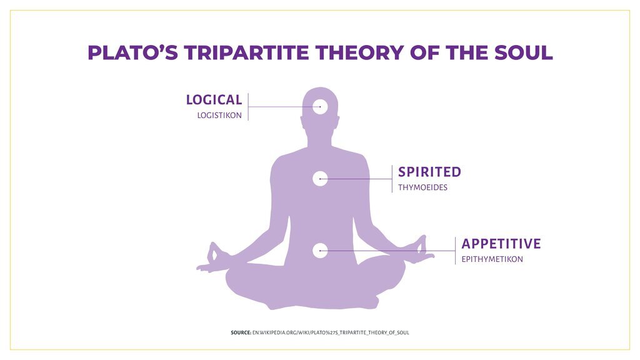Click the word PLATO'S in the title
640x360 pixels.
pos(132,52)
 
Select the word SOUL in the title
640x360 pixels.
pos(524,52)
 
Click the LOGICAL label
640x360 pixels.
pos(214,100)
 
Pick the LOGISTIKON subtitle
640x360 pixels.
pos(219,116)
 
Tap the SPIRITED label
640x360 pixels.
pos(429,172)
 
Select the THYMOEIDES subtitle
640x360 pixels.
pos(423,187)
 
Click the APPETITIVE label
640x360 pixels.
pos(501,244)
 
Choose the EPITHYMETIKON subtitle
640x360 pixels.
pos(492,259)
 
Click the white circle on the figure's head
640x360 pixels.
pos(321,107)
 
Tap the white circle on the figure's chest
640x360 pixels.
pos(321,179)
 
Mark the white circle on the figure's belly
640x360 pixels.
pos(321,251)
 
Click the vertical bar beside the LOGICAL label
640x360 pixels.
pos(248,107)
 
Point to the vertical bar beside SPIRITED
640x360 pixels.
pos(392,179)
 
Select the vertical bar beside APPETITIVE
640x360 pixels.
pos(455,251)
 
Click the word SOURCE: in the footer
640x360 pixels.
pos(241,332)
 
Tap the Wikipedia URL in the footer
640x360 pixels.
pos(331,332)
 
